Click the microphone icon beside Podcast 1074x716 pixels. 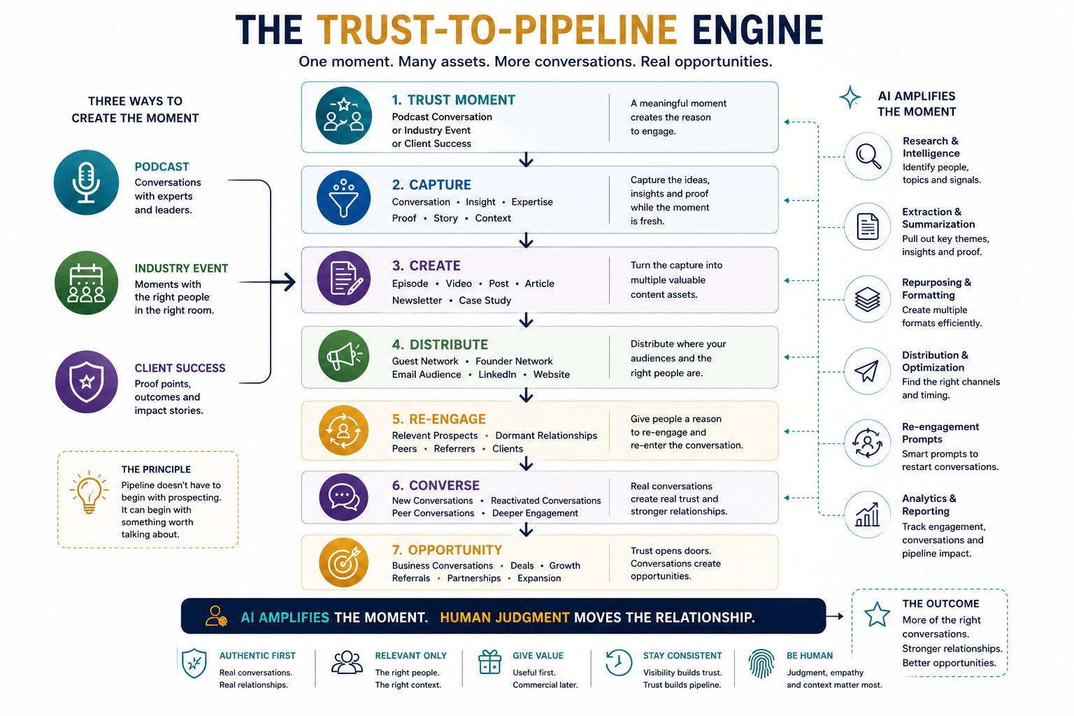(86, 182)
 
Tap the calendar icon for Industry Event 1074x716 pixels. (86, 283)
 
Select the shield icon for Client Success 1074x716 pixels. (86, 382)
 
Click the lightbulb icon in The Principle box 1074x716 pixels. (89, 492)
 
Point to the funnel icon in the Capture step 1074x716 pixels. (344, 198)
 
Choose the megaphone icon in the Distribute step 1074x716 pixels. (344, 357)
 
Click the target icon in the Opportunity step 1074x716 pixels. (344, 563)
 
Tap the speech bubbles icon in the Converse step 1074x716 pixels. (344, 497)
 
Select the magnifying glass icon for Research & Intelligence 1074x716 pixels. (868, 157)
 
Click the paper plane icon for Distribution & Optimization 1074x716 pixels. (868, 371)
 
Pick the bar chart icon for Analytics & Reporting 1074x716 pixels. (868, 515)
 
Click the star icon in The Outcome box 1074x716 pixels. (877, 615)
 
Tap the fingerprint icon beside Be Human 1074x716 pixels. (761, 664)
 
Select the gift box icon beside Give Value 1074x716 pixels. (489, 662)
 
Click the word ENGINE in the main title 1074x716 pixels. (757, 30)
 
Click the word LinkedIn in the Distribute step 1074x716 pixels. (497, 375)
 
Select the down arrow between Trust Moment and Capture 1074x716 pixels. (526, 159)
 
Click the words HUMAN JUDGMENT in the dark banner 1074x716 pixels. (504, 617)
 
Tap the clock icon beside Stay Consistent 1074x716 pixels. (619, 663)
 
